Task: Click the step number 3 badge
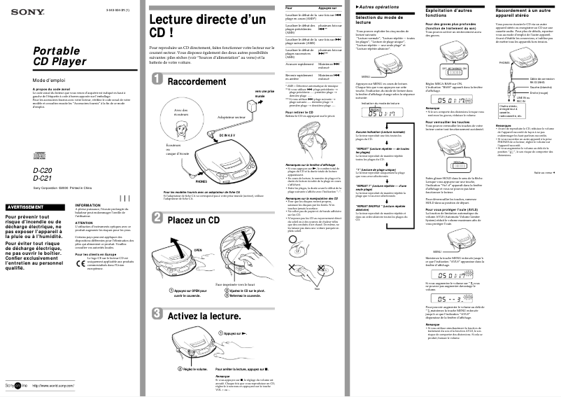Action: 157,315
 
